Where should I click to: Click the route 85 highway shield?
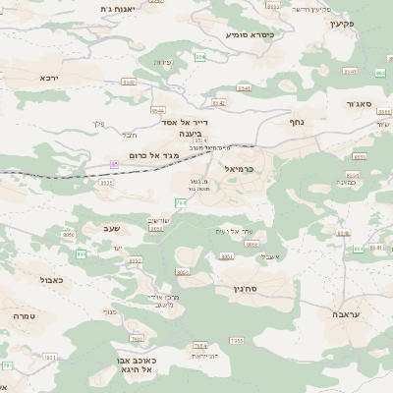tap(115, 163)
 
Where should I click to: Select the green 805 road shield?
tap(81, 253)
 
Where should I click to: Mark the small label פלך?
tap(97, 123)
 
